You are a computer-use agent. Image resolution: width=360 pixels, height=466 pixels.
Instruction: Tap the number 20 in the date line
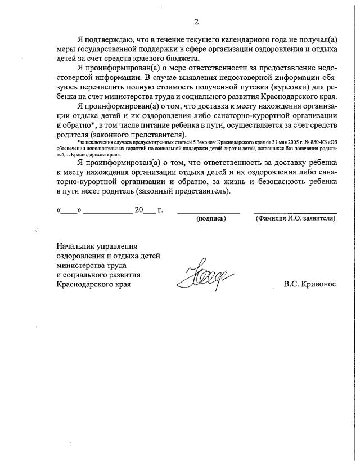click(x=139, y=210)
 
